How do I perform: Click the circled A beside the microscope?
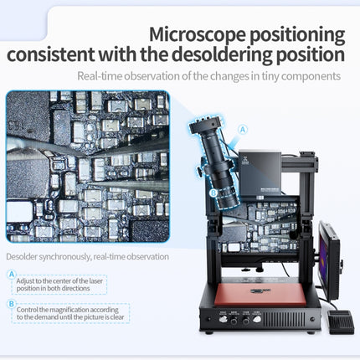pyautogui.click(x=244, y=130)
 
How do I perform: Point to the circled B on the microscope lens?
pyautogui.click(x=213, y=192)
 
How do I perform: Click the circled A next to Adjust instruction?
pyautogui.click(x=11, y=275)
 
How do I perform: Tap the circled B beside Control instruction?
pyautogui.click(x=11, y=303)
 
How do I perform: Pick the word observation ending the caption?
pyautogui.click(x=147, y=256)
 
